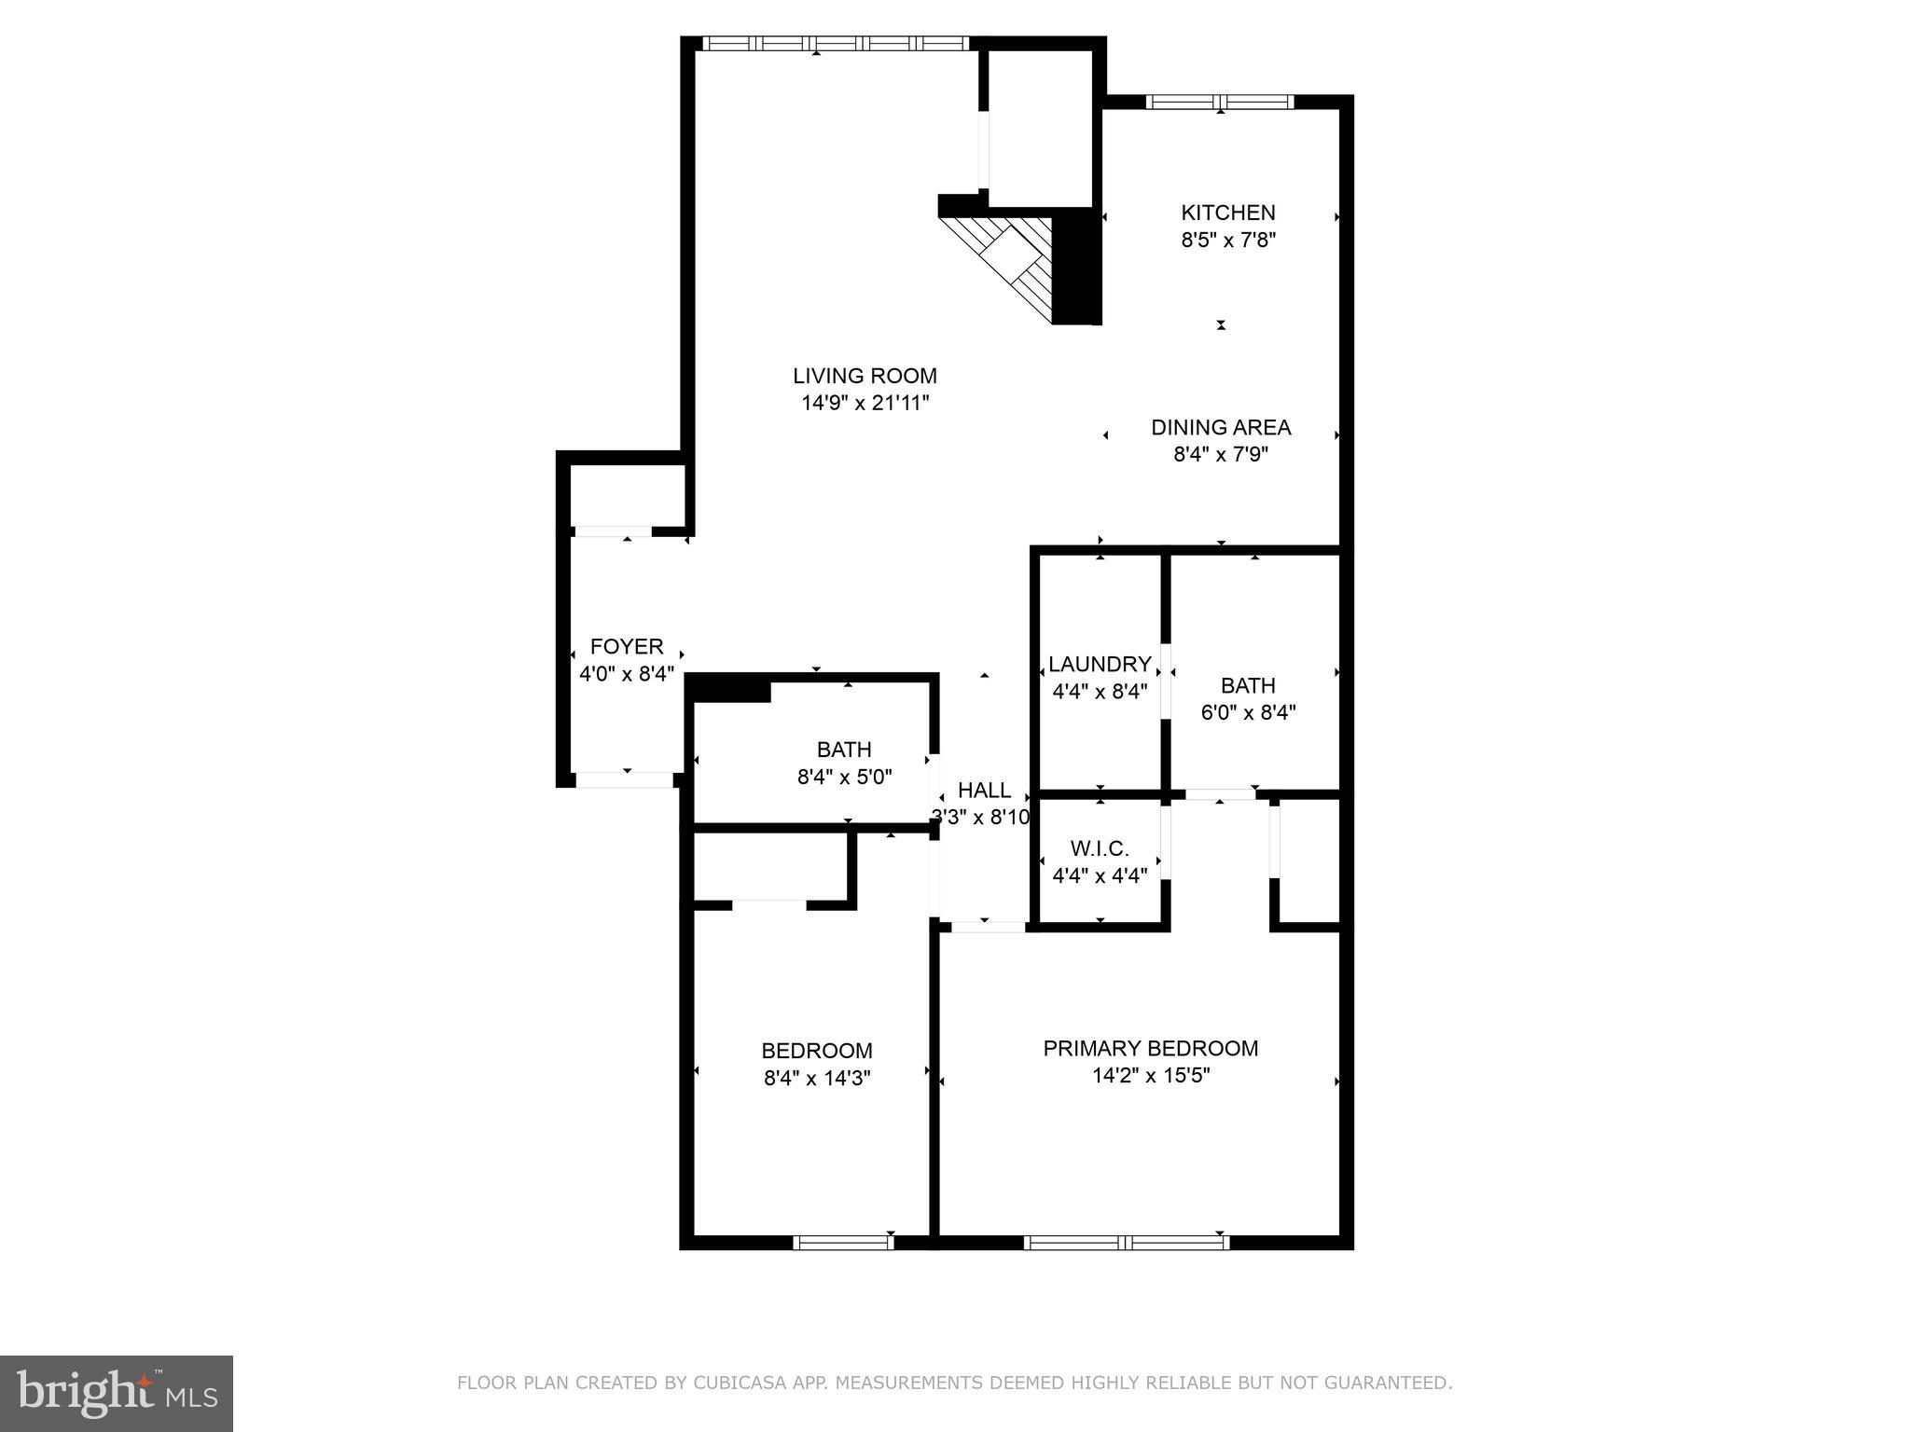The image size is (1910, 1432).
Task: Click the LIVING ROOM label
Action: pos(865,376)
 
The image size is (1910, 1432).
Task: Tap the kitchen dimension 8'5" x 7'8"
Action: pos(1228,241)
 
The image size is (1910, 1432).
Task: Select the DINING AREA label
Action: pos(1221,428)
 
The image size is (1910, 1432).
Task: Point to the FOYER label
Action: pos(627,647)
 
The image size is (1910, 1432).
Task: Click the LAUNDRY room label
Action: pos(1100,665)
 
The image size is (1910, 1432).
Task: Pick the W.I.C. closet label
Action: pos(1100,849)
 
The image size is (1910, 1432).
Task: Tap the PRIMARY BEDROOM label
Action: pos(1150,1049)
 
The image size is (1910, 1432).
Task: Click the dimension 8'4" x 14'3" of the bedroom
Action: pos(817,1079)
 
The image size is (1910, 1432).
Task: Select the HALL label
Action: pos(984,791)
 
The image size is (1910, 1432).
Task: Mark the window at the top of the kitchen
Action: pos(1220,103)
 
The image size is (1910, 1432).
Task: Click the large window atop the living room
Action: pos(835,44)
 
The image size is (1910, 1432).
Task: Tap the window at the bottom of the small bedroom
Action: pos(843,1242)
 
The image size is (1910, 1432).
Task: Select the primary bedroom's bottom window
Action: pos(1126,1242)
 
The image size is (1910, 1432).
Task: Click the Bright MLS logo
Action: pos(117,1394)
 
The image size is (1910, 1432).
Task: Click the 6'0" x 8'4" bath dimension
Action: pos(1248,713)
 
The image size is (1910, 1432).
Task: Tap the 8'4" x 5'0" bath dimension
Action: pos(844,778)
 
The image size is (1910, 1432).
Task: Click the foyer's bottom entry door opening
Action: pos(624,779)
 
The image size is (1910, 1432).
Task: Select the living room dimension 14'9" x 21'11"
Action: pos(865,404)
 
